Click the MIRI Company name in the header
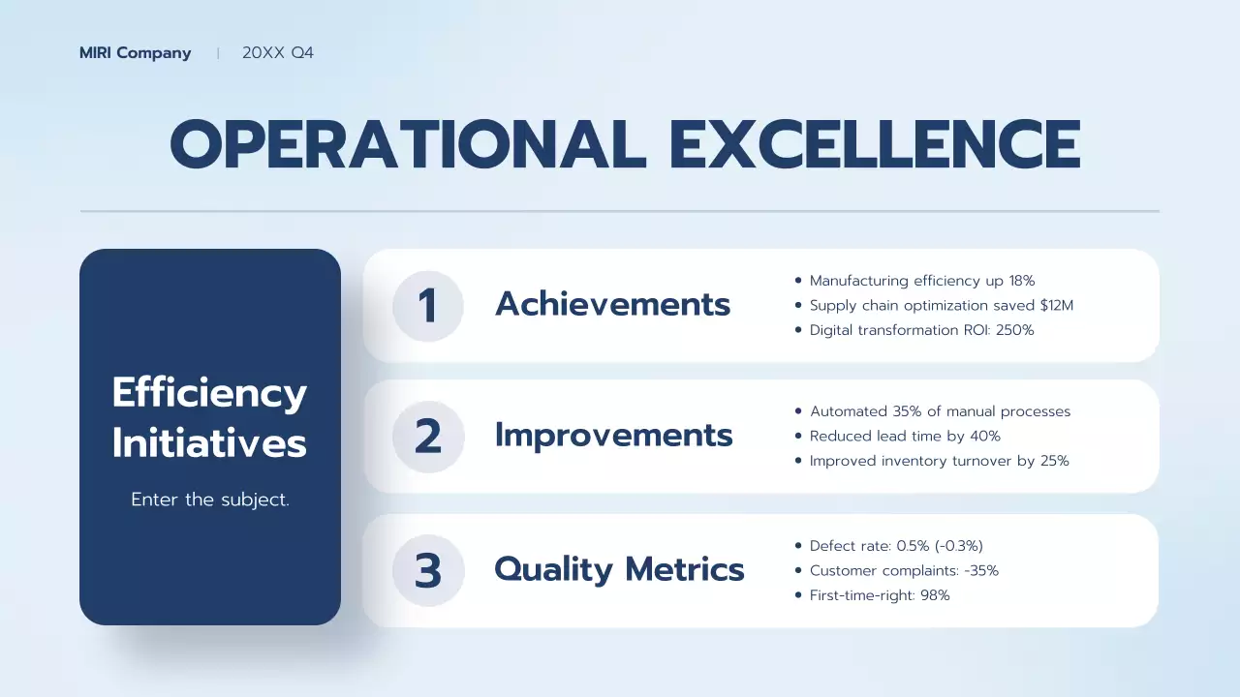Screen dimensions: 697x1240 click(x=135, y=53)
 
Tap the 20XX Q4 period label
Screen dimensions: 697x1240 click(x=278, y=53)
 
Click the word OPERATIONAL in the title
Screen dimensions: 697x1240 click(x=408, y=145)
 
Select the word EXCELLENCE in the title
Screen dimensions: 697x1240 click(x=875, y=145)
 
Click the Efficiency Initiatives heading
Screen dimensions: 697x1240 click(x=209, y=418)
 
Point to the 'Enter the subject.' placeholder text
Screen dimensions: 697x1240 click(x=210, y=500)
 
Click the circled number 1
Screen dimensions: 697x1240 click(x=427, y=306)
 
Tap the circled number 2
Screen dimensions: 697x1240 click(x=427, y=437)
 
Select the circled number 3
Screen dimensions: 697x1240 click(x=427, y=571)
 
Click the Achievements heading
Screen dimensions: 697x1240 click(x=612, y=304)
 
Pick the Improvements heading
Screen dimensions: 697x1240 click(x=613, y=436)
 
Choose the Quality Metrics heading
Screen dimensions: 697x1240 click(x=619, y=569)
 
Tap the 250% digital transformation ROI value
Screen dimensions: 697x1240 click(x=1014, y=330)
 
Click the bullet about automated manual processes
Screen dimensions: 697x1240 click(x=940, y=411)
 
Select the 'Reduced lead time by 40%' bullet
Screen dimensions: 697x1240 click(x=905, y=437)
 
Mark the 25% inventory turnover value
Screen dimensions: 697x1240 click(x=1054, y=461)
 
